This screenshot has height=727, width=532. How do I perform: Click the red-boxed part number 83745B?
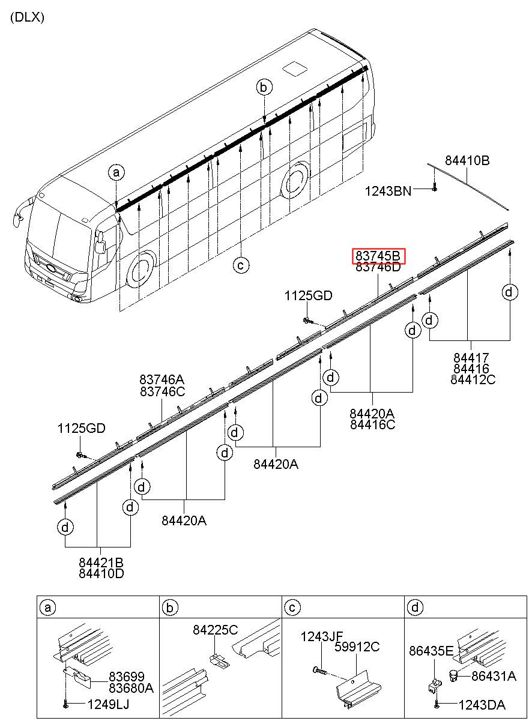[x=378, y=256]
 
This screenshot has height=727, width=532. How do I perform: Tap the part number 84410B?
[x=467, y=161]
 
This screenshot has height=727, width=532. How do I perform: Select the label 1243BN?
[x=388, y=191]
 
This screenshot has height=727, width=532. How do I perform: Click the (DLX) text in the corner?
[x=27, y=17]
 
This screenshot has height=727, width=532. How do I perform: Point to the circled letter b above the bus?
[x=264, y=88]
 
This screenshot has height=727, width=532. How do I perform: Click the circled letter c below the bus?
[x=241, y=264]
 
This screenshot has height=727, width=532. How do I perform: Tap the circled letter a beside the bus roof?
[x=116, y=173]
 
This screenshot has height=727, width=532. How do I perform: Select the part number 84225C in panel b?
[x=216, y=630]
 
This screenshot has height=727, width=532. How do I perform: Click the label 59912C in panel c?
[x=358, y=647]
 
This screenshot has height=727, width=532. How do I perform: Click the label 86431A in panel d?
[x=494, y=676]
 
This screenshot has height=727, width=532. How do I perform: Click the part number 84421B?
[x=101, y=563]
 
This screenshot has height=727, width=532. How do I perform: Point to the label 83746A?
[x=162, y=379]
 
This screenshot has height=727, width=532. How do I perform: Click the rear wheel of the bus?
[x=295, y=178]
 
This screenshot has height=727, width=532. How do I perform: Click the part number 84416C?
[x=372, y=424]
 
